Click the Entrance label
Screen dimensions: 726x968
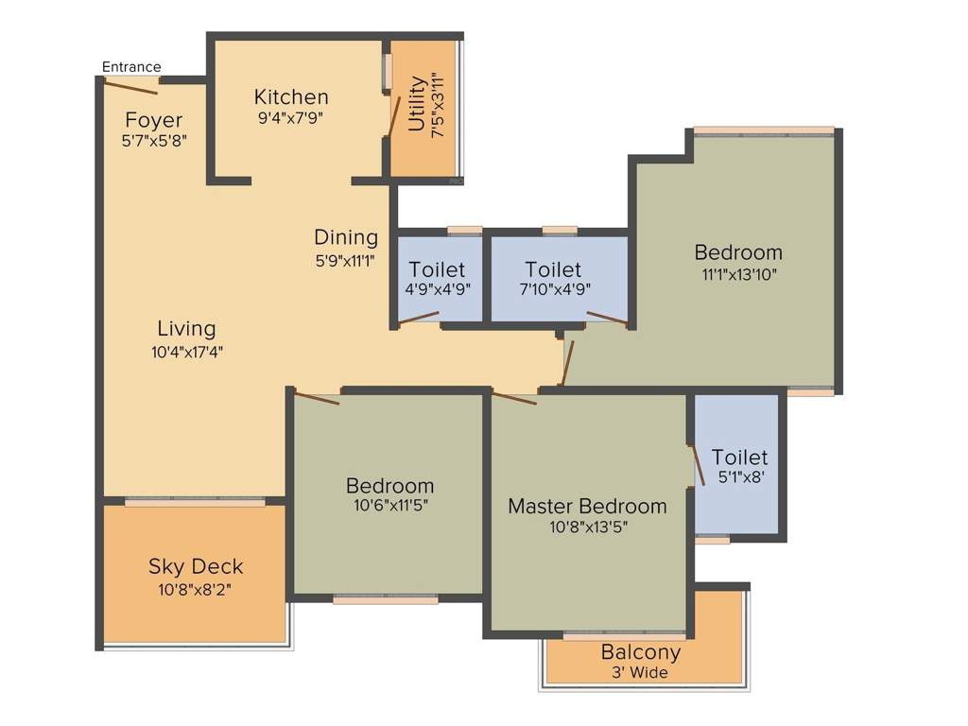pyautogui.click(x=131, y=67)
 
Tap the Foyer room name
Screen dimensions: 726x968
pyautogui.click(x=153, y=121)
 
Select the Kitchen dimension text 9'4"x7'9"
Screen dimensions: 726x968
pyautogui.click(x=290, y=118)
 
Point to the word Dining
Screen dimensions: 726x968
pyautogui.click(x=346, y=237)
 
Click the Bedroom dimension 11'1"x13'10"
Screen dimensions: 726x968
pyautogui.click(x=738, y=274)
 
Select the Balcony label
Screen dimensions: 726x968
pyautogui.click(x=641, y=652)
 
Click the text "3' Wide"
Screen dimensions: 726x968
pyautogui.click(x=641, y=673)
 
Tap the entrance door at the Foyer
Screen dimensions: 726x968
pyautogui.click(x=130, y=87)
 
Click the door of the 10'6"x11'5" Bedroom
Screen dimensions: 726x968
pyautogui.click(x=316, y=397)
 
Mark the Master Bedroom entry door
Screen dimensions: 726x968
pyautogui.click(x=514, y=398)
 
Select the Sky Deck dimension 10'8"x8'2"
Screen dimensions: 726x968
pyautogui.click(x=195, y=590)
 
